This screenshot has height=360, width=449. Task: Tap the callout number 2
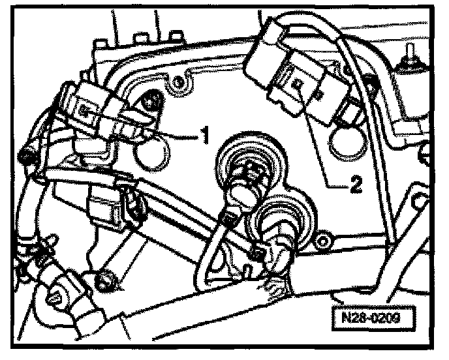[355, 185]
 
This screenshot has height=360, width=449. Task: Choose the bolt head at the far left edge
[26, 157]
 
